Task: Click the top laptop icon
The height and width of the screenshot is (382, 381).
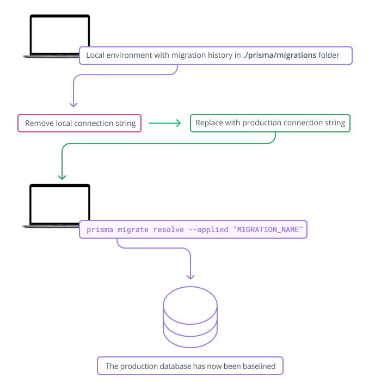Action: pos(59,36)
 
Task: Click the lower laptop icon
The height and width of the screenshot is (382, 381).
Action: pos(59,205)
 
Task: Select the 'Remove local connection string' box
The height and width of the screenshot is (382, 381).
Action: pos(80,123)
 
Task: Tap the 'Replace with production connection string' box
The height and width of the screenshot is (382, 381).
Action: pos(270,123)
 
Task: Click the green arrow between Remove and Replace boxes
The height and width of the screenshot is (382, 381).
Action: pos(165,123)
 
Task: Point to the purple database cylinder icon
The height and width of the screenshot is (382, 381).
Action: pos(190,318)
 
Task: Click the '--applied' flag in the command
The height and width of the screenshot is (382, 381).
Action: pos(208,230)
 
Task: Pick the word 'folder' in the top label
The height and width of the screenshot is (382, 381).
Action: pos(329,56)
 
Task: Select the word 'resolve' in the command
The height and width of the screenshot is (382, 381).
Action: pos(168,230)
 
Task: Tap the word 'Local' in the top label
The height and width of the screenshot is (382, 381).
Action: pos(96,56)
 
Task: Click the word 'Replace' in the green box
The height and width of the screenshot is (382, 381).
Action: pos(210,123)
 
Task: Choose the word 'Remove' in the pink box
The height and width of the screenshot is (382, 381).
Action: pos(39,123)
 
